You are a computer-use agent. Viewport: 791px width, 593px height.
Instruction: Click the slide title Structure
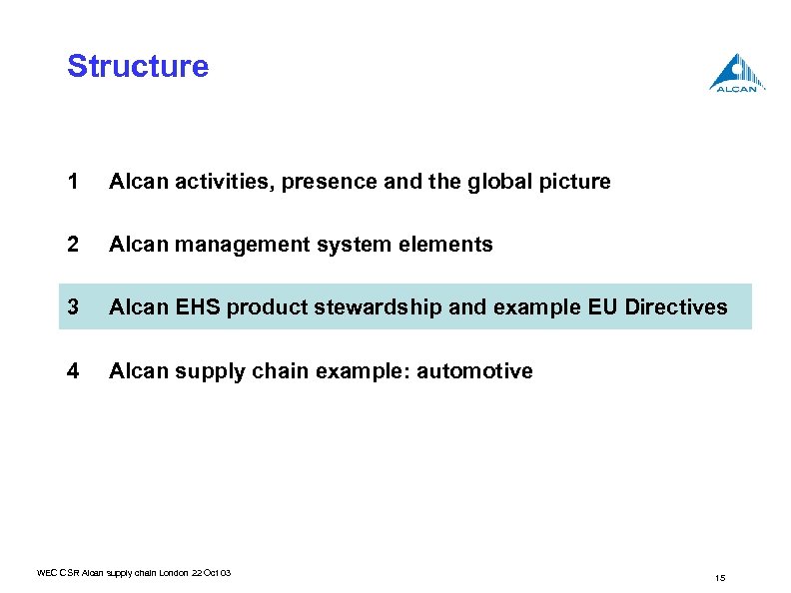(138, 67)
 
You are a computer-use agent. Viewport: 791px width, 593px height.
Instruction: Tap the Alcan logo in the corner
(738, 73)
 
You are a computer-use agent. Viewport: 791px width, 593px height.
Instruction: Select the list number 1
(72, 182)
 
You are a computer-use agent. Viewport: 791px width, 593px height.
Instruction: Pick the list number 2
(72, 245)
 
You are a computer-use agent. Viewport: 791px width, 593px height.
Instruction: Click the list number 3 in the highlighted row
(72, 307)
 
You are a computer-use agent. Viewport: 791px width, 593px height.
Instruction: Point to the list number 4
(72, 371)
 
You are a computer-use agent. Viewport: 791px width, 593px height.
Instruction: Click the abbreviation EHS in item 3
(198, 307)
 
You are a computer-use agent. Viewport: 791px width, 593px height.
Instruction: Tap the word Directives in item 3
(676, 307)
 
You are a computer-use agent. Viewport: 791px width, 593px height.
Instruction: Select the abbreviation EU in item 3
(602, 307)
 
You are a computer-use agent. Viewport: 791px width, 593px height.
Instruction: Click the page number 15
(719, 578)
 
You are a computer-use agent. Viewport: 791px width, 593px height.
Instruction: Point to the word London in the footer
(168, 573)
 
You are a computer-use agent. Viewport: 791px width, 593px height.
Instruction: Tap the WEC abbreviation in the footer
(46, 573)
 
